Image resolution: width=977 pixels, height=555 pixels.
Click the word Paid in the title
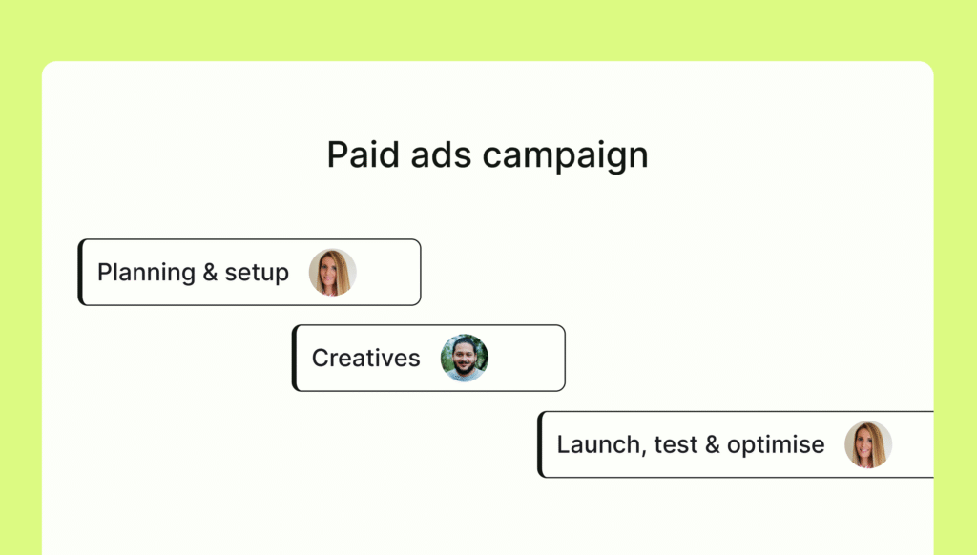click(x=363, y=154)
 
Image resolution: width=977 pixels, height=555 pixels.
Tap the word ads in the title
click(x=441, y=154)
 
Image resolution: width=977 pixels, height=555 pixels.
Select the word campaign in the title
click(x=565, y=155)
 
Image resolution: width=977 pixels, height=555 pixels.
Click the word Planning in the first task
click(x=146, y=274)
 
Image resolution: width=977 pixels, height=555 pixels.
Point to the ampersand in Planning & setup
click(x=210, y=272)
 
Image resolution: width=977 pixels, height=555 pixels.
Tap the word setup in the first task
click(x=257, y=274)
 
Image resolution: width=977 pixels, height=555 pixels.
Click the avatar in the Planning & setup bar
click(x=333, y=272)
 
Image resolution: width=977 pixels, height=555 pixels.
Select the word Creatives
click(x=365, y=359)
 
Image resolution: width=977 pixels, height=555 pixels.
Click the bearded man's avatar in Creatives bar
click(x=465, y=359)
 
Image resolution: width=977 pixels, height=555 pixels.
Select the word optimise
click(x=776, y=446)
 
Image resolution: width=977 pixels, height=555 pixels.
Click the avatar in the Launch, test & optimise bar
click(x=868, y=444)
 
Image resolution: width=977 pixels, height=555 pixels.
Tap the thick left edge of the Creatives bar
click(x=294, y=359)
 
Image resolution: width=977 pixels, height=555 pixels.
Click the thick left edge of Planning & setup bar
click(x=80, y=272)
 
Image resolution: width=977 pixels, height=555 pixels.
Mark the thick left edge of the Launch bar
click(x=540, y=444)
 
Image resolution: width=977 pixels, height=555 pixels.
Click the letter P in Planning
click(x=105, y=272)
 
